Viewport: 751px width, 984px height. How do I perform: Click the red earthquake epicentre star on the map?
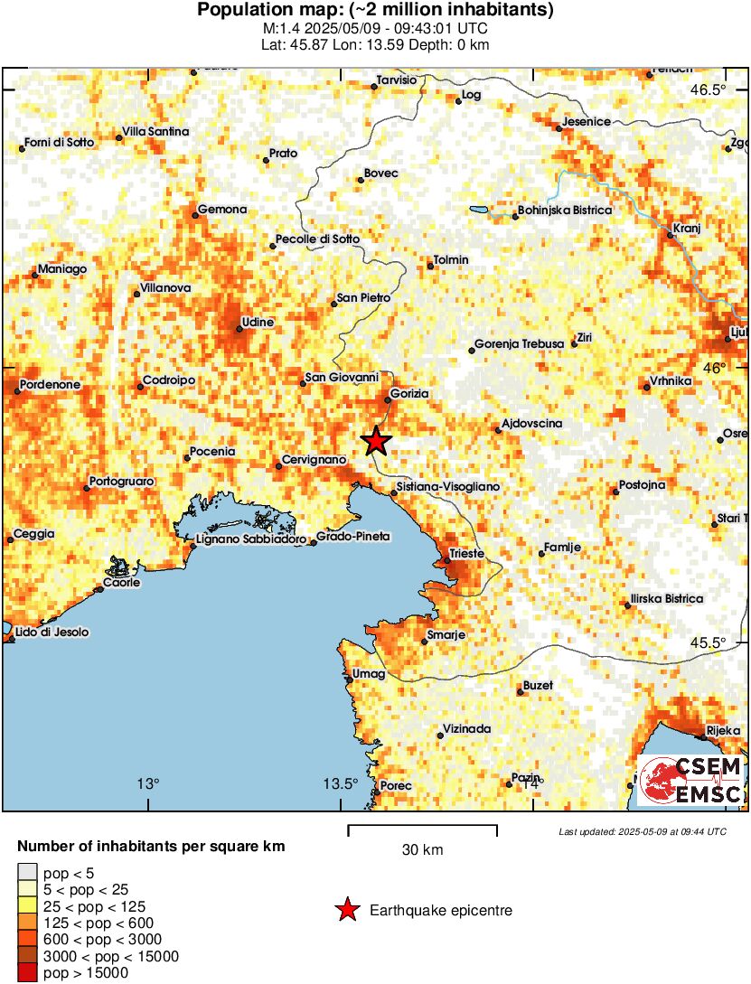click(x=376, y=441)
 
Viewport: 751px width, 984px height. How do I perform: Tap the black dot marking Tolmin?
click(x=430, y=266)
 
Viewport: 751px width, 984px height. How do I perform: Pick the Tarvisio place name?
click(x=397, y=80)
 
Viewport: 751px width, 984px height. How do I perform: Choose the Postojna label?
click(x=643, y=485)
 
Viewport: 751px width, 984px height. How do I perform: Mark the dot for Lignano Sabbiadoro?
click(x=192, y=546)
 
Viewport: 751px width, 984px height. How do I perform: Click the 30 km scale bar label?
click(x=422, y=850)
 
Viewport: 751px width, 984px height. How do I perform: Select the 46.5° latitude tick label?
click(x=709, y=89)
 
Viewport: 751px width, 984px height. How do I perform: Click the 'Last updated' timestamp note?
click(x=642, y=831)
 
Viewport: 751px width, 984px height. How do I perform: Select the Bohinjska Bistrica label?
click(x=564, y=211)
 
